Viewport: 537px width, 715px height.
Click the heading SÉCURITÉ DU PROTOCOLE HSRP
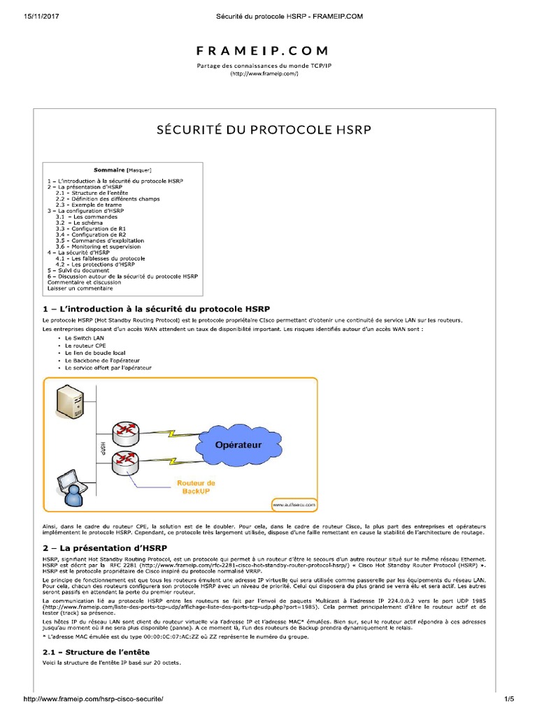(265, 130)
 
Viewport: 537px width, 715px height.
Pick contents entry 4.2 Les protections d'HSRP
(96, 265)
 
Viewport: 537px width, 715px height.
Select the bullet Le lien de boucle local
(95, 353)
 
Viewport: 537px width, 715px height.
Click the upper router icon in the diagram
(128, 428)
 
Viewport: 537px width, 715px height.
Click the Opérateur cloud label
(238, 444)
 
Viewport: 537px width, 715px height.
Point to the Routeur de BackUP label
(196, 487)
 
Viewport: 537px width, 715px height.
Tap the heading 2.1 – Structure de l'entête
(96, 651)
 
